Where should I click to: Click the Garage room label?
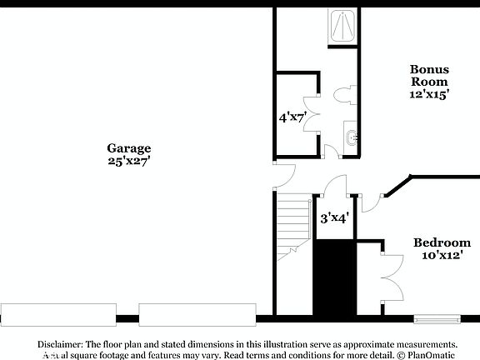click(x=128, y=148)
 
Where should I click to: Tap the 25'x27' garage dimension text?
click(x=128, y=161)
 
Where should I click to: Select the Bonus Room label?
click(x=428, y=75)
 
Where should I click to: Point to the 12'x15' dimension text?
click(x=428, y=95)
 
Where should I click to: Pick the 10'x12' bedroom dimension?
click(x=442, y=255)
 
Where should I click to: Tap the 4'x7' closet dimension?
click(x=291, y=117)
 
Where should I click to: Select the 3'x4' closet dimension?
click(x=334, y=218)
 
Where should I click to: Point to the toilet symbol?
click(x=346, y=96)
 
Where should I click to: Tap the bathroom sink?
click(x=351, y=137)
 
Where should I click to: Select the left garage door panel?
click(x=58, y=314)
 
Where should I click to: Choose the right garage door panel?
click(x=197, y=314)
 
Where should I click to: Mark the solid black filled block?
click(x=333, y=277)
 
